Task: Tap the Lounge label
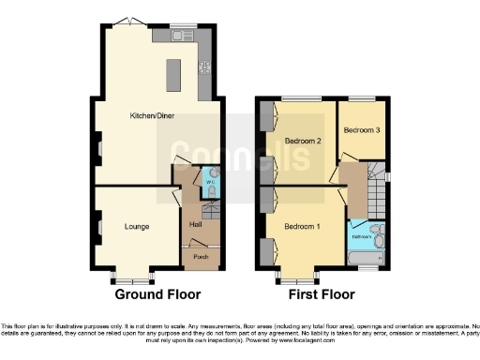pyautogui.click(x=138, y=226)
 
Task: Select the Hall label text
pyautogui.click(x=196, y=224)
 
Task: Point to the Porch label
pyautogui.click(x=201, y=256)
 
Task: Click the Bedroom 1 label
pyautogui.click(x=302, y=228)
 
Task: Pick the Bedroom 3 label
pyautogui.click(x=361, y=130)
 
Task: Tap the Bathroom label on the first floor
pyautogui.click(x=359, y=236)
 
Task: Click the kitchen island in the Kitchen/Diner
pyautogui.click(x=173, y=75)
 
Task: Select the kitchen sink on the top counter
pyautogui.click(x=181, y=37)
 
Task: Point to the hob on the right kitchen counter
pyautogui.click(x=203, y=67)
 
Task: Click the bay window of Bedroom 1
pyautogui.click(x=294, y=278)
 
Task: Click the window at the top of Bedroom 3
pyautogui.click(x=361, y=98)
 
